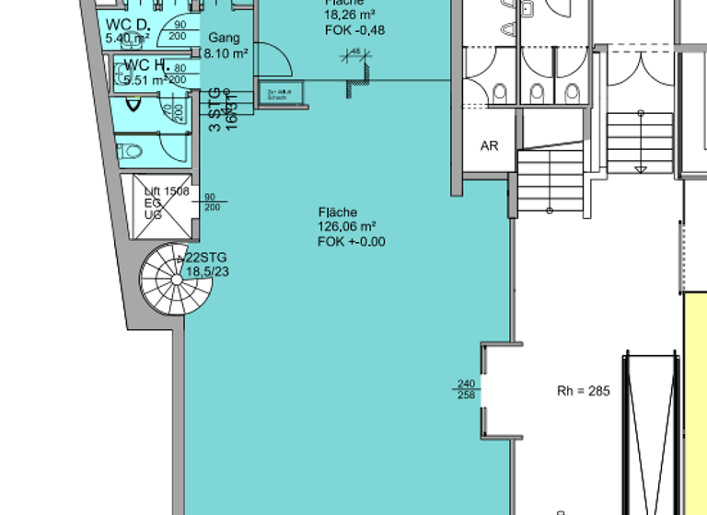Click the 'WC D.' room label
coord(126,24)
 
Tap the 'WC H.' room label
coord(145,64)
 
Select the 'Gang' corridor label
coord(224,39)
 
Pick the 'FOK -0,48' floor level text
coord(354,30)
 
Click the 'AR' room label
coord(489,146)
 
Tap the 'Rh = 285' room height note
coord(583,391)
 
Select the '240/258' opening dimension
coord(468,390)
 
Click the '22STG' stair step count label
coord(206,257)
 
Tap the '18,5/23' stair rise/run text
coord(207,272)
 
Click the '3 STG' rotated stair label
coord(214,109)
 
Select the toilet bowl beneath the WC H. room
coord(131,150)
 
